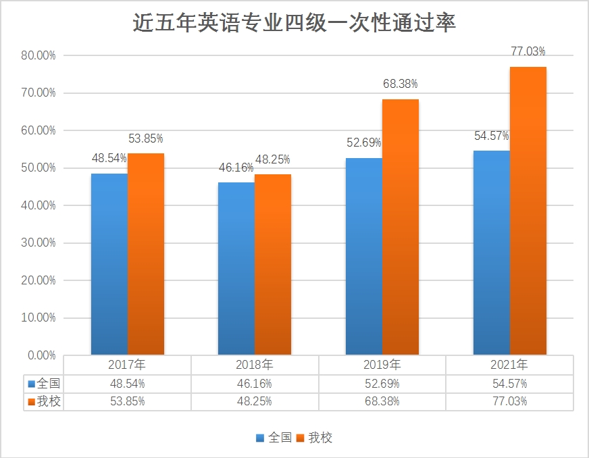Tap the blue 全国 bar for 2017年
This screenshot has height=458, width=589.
click(109, 263)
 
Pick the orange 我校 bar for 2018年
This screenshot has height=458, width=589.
click(273, 264)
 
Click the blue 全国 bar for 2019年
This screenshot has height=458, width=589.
click(363, 256)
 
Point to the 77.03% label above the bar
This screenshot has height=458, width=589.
click(528, 51)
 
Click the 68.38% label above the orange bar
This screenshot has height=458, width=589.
click(401, 84)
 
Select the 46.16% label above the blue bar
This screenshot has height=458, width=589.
click(236, 167)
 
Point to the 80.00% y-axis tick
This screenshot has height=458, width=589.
click(39, 55)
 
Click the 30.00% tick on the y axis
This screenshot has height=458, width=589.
click(39, 243)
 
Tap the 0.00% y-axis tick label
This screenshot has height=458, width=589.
click(41, 355)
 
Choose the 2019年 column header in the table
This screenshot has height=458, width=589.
click(382, 365)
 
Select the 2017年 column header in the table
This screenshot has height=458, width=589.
click(127, 365)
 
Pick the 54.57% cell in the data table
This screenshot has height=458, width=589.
click(510, 383)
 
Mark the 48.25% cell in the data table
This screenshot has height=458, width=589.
click(255, 401)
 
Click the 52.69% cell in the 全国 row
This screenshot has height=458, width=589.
click(382, 383)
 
